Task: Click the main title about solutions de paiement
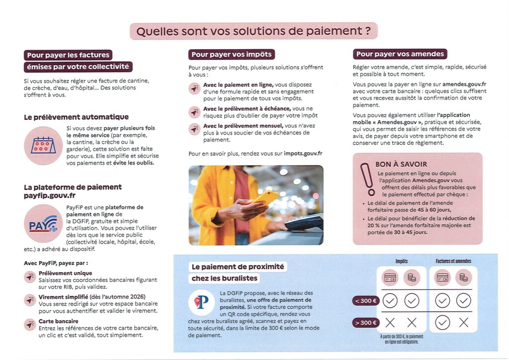(x=254, y=31)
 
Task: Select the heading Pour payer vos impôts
(x=231, y=55)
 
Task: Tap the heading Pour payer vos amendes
(x=400, y=54)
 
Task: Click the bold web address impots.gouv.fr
(x=303, y=154)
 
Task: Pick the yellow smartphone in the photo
(x=265, y=197)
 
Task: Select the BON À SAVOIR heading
(x=401, y=164)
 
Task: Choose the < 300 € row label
(x=366, y=300)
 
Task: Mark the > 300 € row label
(x=366, y=323)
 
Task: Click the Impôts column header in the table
(x=401, y=261)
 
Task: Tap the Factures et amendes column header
(x=453, y=261)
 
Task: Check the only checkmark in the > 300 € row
(x=442, y=323)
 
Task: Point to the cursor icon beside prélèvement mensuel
(x=194, y=129)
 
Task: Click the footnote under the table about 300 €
(x=401, y=339)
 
